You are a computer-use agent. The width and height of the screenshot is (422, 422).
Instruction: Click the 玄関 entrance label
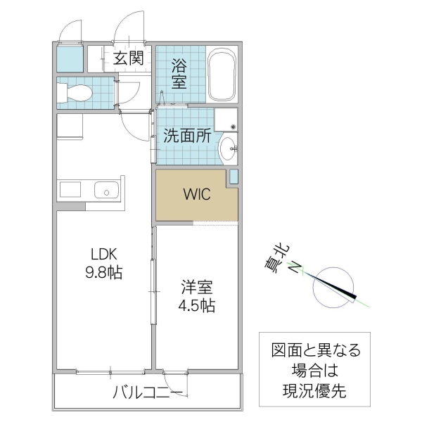129,58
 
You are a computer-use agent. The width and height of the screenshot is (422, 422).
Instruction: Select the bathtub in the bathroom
224,75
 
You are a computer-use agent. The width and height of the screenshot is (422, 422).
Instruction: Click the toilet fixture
76,92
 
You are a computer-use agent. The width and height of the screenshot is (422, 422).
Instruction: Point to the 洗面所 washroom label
188,136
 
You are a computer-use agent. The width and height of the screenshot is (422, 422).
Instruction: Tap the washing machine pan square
226,120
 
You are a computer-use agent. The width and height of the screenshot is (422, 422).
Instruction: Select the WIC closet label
196,195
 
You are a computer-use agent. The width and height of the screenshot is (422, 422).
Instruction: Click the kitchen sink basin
106,190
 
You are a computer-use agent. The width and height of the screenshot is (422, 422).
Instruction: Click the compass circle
330,287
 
